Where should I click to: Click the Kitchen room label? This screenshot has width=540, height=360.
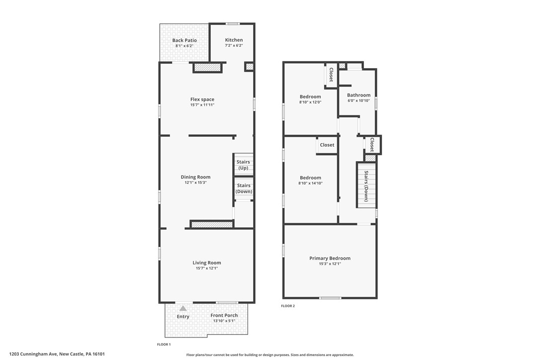pyautogui.click(x=234, y=40)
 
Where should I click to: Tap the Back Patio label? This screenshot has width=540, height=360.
pyautogui.click(x=184, y=40)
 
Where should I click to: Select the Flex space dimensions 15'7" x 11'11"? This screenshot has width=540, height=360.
pyautogui.click(x=202, y=105)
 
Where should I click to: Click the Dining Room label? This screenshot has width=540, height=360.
pyautogui.click(x=195, y=177)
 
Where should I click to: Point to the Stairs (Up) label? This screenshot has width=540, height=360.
pyautogui.click(x=243, y=165)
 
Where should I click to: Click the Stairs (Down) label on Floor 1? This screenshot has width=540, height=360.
pyautogui.click(x=244, y=188)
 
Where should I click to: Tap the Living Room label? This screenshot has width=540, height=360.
pyautogui.click(x=207, y=263)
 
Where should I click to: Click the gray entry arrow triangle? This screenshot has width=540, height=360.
pyautogui.click(x=183, y=308)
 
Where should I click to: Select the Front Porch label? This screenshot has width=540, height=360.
pyautogui.click(x=224, y=315)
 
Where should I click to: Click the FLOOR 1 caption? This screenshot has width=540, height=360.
pyautogui.click(x=164, y=345)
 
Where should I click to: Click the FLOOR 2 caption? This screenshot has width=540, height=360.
pyautogui.click(x=288, y=306)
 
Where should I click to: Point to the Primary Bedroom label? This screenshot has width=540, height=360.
pyautogui.click(x=330, y=259)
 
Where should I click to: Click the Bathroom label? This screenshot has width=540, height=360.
pyautogui.click(x=359, y=95)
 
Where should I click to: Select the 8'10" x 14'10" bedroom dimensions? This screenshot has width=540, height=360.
pyautogui.click(x=310, y=183)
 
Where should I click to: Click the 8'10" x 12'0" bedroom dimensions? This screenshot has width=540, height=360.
pyautogui.click(x=310, y=102)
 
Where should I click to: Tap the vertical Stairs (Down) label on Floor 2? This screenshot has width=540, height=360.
pyautogui.click(x=366, y=186)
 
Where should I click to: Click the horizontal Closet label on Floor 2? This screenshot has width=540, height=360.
pyautogui.click(x=327, y=145)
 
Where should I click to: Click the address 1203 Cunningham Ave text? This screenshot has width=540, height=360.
pyautogui.click(x=33, y=354)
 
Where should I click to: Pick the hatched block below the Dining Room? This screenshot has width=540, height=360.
pyautogui.click(x=212, y=225)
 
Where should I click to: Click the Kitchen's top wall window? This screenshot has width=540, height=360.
pyautogui.click(x=233, y=24)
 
